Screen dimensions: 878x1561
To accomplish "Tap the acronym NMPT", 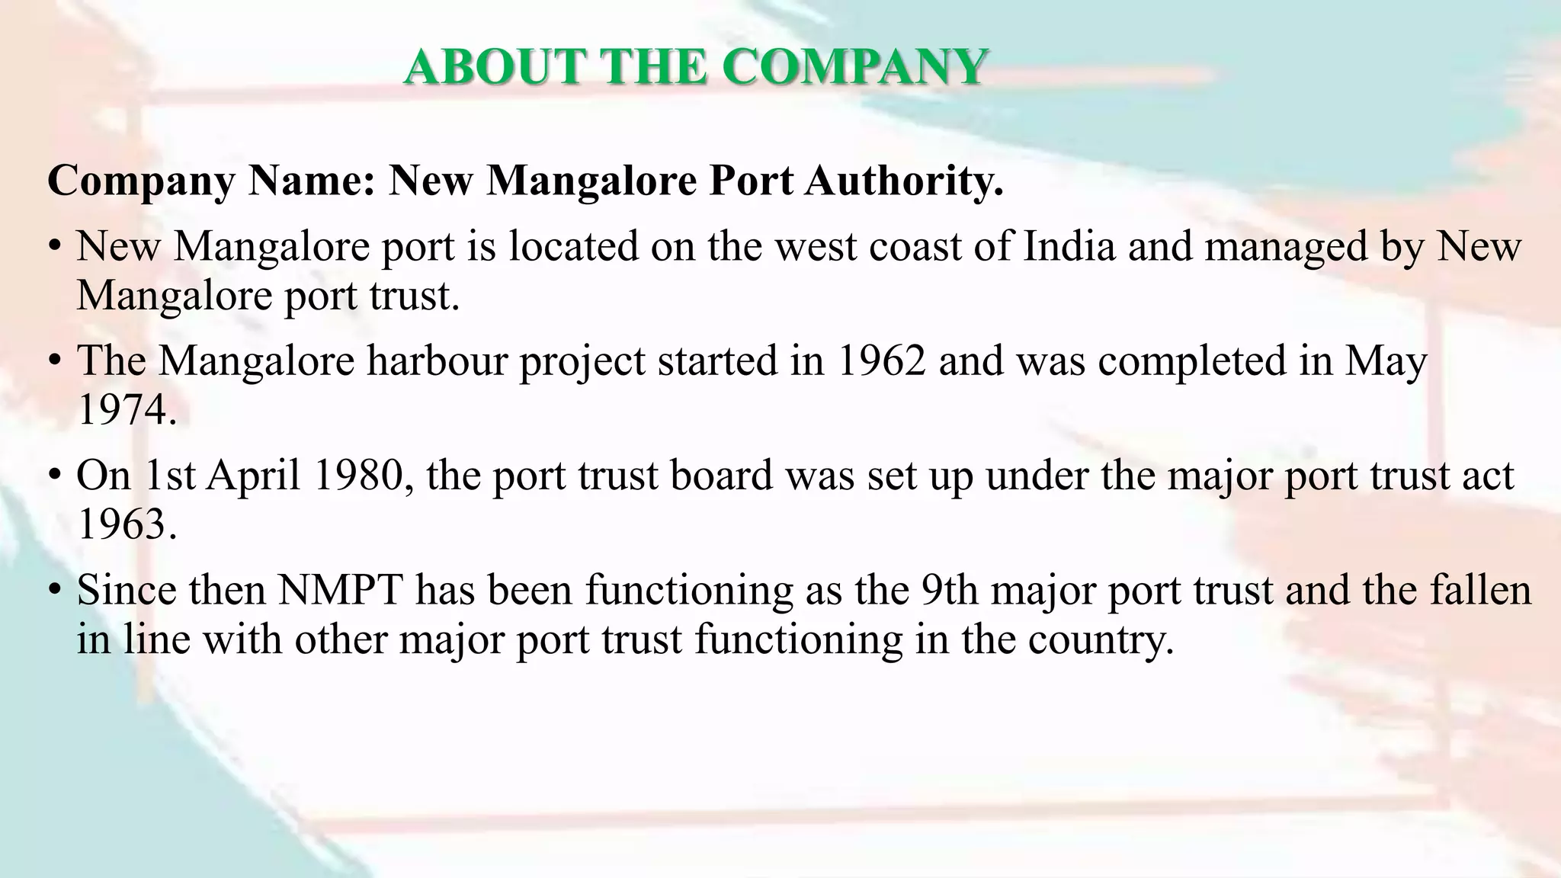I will [x=339, y=591].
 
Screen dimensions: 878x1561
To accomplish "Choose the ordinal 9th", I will [x=949, y=591].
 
